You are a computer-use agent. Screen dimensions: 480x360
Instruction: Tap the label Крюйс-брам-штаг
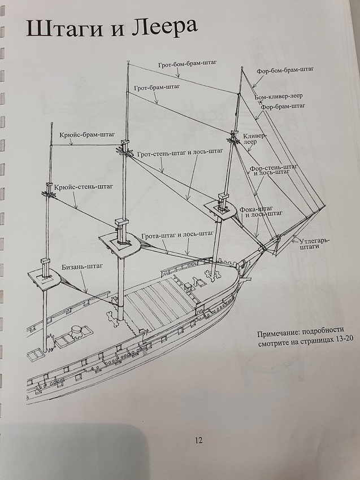[x=86, y=136]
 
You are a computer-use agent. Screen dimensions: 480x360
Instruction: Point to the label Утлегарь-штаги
[x=314, y=243]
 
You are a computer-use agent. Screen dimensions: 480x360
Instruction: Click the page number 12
[x=198, y=441]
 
